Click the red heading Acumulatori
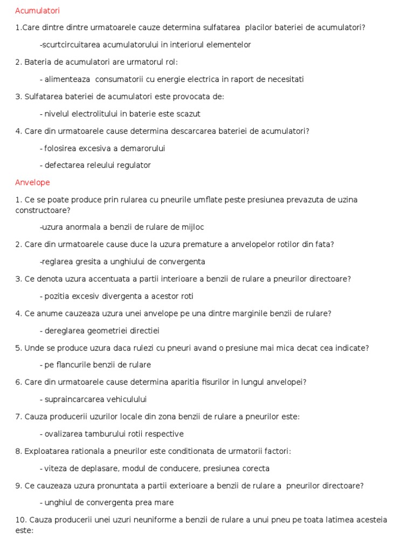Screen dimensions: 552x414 37,10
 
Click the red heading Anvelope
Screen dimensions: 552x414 32,182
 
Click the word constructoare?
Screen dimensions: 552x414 43,210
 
